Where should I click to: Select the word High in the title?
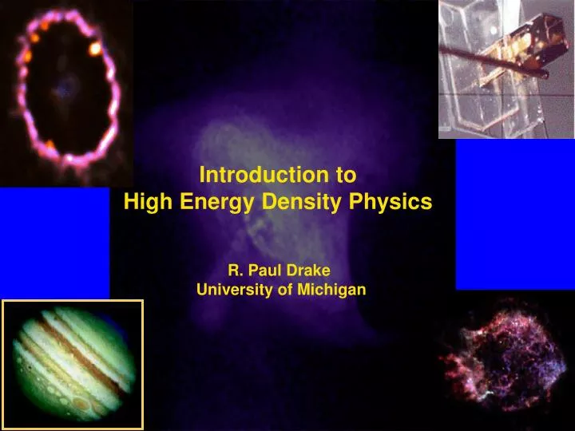pos(149,203)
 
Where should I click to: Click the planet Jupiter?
pos(73,364)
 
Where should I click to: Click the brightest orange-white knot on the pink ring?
pos(96,49)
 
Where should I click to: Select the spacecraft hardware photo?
pos(506,69)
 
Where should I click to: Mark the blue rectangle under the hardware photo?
pos(514,214)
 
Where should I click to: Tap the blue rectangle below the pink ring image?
pos(54,242)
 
